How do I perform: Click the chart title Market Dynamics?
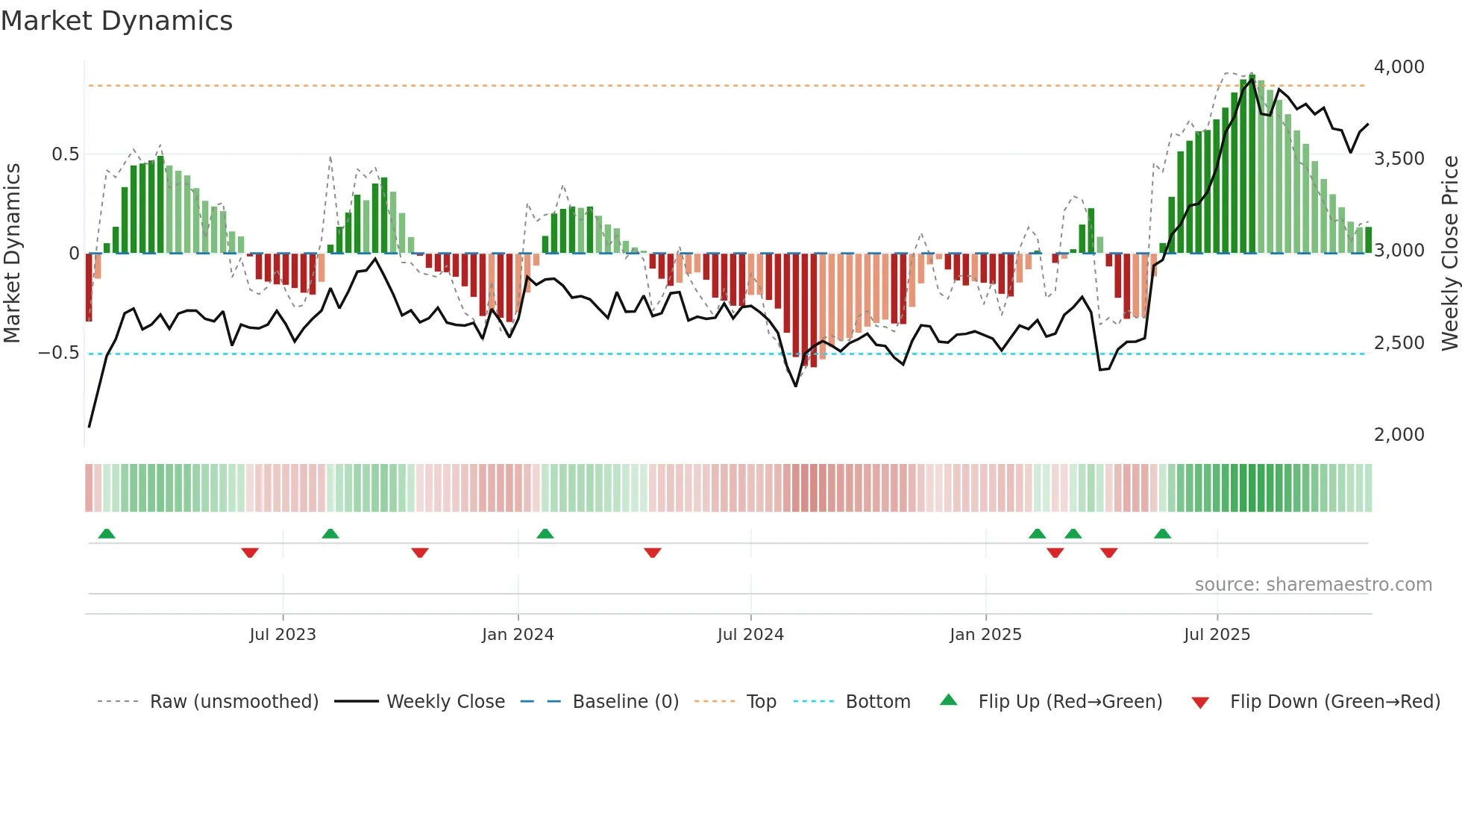(117, 21)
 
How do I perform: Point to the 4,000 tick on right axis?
(1399, 67)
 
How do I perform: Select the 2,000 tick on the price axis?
(1399, 435)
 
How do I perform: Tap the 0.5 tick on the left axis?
(65, 154)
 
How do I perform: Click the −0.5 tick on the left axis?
(59, 353)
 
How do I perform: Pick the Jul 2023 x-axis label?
(283, 635)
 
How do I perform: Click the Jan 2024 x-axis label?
(518, 635)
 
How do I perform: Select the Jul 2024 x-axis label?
(750, 635)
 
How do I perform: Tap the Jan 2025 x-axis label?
(985, 635)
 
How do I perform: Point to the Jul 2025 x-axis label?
(1217, 635)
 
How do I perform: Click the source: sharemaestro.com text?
(1313, 585)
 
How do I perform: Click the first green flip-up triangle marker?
(107, 534)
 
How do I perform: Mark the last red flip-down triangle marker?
(1108, 553)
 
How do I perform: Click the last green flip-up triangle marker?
(1162, 534)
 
